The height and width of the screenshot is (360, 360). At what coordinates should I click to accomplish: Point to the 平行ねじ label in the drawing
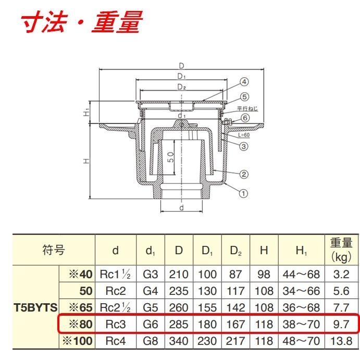pos(247,108)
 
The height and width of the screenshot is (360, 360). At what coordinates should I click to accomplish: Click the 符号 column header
pos(54,251)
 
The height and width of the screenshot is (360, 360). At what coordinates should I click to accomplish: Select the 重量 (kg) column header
pos(342,250)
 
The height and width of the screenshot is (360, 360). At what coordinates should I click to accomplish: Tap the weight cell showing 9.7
pos(342,324)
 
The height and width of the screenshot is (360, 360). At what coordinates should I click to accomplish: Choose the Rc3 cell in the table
pos(116,324)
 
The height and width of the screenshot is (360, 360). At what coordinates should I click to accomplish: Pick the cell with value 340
pos(179,341)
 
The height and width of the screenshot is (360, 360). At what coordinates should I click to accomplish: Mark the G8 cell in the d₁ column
pos(151,341)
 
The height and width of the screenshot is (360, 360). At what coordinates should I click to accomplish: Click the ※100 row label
pos(77,341)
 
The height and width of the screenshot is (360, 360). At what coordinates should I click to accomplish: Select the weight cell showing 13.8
pos(342,341)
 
